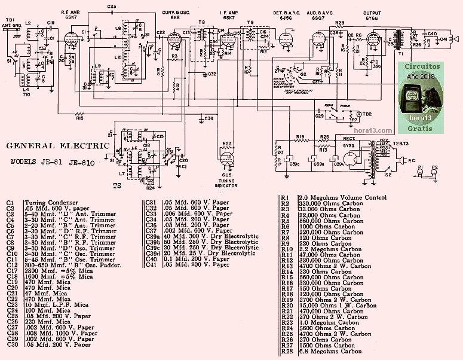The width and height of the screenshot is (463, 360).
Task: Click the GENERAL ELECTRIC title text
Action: (x=58, y=145)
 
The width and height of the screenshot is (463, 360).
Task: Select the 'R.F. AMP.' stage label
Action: (x=72, y=12)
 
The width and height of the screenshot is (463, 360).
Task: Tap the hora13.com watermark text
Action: (x=372, y=129)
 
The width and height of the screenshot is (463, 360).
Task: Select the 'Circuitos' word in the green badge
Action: (x=422, y=68)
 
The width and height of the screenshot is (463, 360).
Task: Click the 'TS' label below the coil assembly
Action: (x=117, y=185)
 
